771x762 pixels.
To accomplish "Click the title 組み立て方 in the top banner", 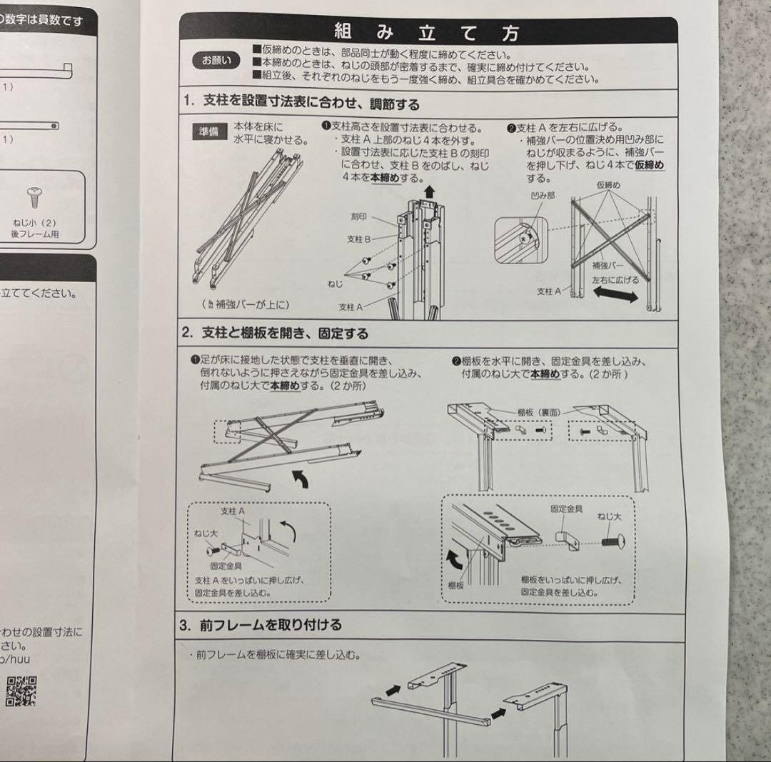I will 427,32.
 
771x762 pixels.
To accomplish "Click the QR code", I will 21,691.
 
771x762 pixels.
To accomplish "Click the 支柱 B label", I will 358,240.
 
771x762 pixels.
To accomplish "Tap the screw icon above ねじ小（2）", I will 33,195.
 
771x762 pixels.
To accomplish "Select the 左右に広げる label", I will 615,280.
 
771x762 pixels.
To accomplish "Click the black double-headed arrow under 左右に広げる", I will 615,296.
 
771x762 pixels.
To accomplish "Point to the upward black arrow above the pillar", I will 428,191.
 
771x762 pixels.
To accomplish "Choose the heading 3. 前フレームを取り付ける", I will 261,625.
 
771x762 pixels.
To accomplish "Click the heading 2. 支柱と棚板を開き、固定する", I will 275,333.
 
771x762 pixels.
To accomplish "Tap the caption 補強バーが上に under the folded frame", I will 246,305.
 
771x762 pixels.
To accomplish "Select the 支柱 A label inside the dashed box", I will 233,511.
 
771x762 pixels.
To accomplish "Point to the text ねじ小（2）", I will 34,221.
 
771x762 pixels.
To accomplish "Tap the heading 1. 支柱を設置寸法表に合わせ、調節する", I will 301,103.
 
